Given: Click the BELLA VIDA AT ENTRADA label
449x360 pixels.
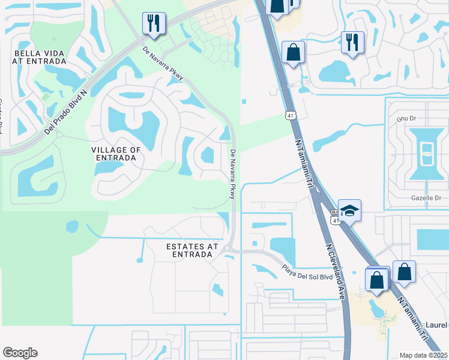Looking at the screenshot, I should tap(40, 57).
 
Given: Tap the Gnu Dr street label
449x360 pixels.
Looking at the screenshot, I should tap(401, 118).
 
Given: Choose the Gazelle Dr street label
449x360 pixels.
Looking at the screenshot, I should tap(426, 197).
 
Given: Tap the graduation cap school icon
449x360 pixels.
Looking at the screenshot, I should tap(349, 211).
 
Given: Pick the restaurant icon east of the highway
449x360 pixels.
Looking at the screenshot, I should tap(352, 42).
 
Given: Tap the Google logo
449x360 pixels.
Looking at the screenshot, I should tap(20, 353).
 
